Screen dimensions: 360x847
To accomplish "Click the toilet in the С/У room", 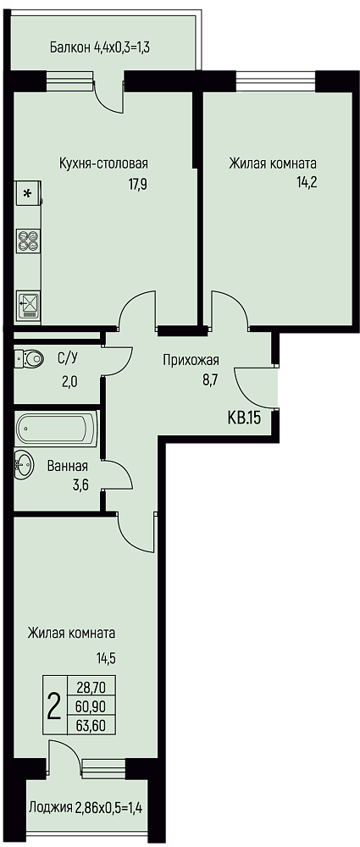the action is point(29,357).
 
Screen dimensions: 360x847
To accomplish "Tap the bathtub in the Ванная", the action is point(57,429).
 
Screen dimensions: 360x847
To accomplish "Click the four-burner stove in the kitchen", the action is point(28,241).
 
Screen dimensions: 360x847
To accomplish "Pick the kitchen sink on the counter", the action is point(28,306).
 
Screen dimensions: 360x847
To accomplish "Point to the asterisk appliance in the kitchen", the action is point(28,193).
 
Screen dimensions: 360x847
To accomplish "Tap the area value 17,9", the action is point(138,184).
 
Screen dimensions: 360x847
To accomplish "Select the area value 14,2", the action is point(307,181).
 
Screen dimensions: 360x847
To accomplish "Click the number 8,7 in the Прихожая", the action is point(208,380).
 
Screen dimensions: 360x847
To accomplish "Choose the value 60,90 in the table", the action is point(91,706).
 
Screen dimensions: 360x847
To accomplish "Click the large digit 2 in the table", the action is point(54,706).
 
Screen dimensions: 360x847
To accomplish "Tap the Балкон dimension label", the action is point(99,47).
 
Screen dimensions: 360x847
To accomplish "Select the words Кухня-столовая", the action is point(104,163).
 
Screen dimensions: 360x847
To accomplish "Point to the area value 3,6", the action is point(80,484).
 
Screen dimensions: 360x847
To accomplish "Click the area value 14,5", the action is point(107,658).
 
